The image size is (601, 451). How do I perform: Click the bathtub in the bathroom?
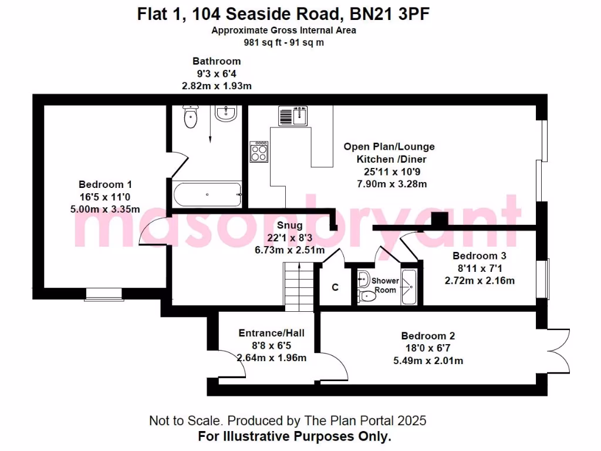pos(206,194)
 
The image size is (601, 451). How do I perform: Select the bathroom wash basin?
pos(226,113)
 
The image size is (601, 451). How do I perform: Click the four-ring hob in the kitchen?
pos(259,152)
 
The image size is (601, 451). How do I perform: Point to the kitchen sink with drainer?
pos(293,116)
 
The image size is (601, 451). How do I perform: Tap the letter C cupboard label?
pos(335,287)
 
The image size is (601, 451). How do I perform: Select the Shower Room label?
pos(386,285)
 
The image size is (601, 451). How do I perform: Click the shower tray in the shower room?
pos(408,287)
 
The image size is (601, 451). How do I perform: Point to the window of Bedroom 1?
pos(104,294)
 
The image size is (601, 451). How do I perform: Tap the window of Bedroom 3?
pos(546,278)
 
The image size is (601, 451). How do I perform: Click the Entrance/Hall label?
pos(271,333)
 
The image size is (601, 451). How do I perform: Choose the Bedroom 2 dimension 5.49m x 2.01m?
pos(428,361)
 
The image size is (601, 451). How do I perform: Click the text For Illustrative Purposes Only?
pos(294,436)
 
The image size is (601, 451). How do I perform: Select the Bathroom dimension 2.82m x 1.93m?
pos(217,86)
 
